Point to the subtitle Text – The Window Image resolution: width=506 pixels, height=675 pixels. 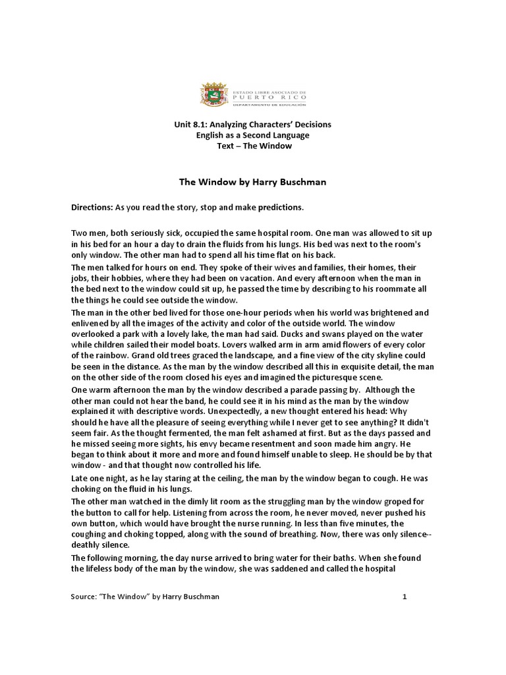[254, 146]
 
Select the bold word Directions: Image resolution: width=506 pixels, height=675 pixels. [92, 207]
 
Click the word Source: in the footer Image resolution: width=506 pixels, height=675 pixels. [84, 597]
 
